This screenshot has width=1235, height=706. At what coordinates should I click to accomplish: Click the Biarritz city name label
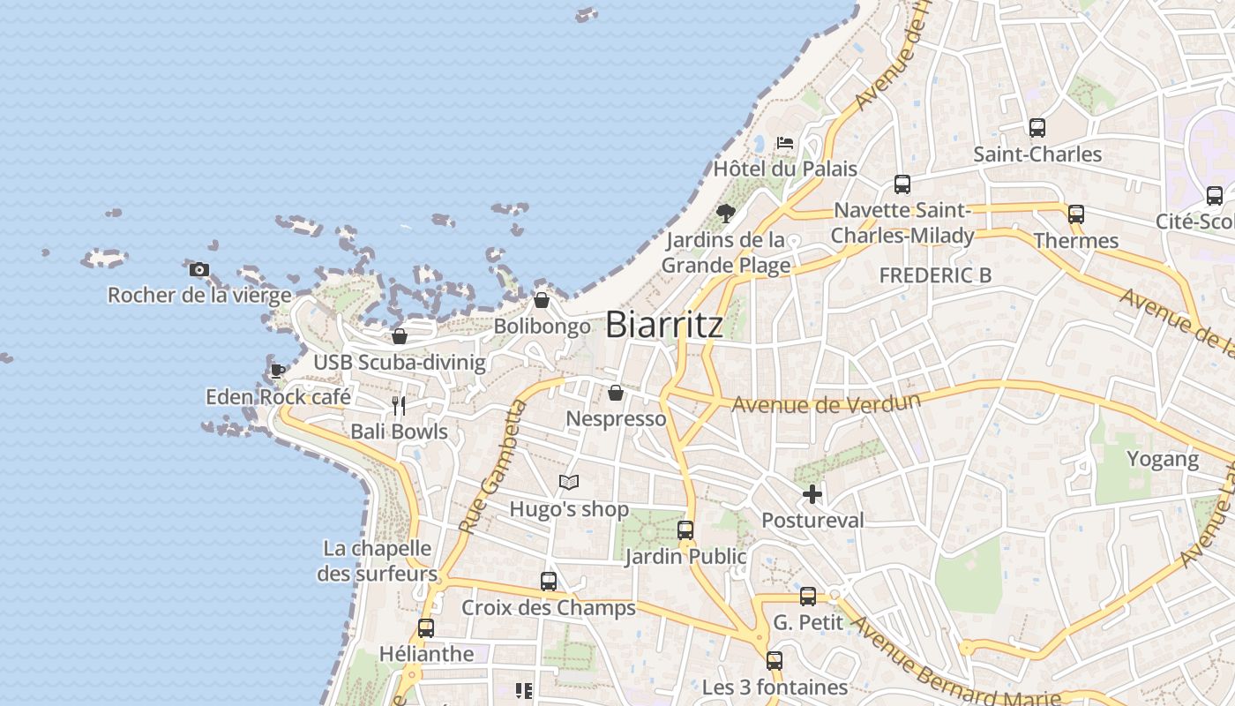(664, 325)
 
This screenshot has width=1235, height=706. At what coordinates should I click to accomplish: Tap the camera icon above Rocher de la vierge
(199, 269)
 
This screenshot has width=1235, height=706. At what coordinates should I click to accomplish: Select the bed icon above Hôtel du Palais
(785, 142)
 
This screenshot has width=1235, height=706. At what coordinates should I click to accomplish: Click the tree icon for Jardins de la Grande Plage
(726, 213)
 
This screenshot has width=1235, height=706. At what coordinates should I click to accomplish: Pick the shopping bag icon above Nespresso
(616, 393)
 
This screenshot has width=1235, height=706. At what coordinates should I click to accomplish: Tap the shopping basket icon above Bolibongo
(542, 301)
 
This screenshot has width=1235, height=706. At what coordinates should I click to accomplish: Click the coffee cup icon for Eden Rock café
(278, 371)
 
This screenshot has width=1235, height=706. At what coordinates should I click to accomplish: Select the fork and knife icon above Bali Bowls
(399, 406)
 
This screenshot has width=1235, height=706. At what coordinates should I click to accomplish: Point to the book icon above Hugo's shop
(569, 483)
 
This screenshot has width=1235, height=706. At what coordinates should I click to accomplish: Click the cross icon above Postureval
(812, 494)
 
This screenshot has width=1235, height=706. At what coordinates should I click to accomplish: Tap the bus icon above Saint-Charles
(1037, 128)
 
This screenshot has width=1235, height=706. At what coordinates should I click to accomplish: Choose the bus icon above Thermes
(1076, 214)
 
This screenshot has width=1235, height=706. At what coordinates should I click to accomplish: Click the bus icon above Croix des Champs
(549, 582)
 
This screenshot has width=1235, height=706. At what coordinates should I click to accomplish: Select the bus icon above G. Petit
(808, 597)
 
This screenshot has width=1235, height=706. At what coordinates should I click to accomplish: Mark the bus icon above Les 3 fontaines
(775, 661)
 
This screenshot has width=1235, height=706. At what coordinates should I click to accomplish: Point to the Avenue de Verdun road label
(826, 403)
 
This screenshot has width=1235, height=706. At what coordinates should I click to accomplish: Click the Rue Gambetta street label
(493, 467)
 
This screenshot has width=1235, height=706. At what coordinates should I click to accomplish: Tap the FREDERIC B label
(935, 275)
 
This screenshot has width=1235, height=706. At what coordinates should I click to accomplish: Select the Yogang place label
(1163, 459)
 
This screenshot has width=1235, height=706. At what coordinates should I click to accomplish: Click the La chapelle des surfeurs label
(378, 561)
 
